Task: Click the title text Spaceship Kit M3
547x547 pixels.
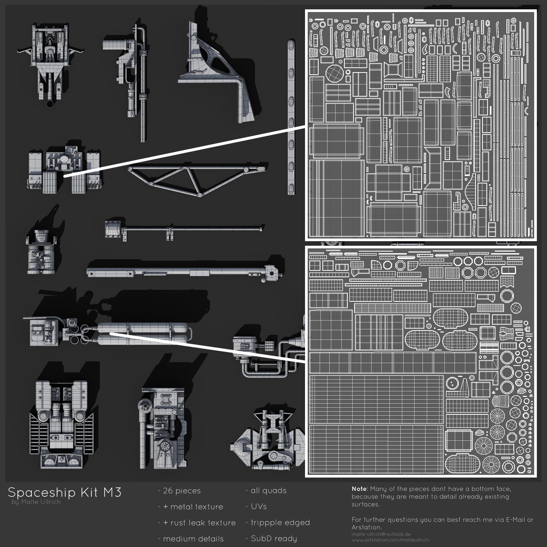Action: tap(65, 492)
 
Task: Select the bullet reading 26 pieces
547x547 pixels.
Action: tap(179, 491)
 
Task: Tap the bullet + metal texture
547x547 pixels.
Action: tap(190, 507)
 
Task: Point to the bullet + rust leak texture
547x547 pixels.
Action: tap(197, 523)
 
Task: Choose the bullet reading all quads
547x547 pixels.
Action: tap(266, 491)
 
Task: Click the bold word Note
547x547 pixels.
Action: tap(359, 489)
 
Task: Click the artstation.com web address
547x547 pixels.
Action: tap(390, 540)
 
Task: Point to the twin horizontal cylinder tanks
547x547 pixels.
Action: tap(142, 334)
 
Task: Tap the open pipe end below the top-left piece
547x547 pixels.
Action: tap(50, 104)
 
